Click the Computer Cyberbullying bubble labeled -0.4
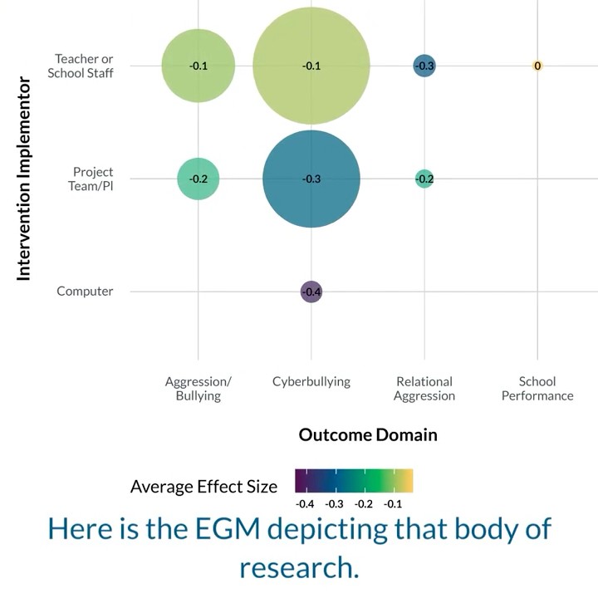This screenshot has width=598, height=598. pos(311,292)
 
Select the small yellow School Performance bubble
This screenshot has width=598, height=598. pos(537,66)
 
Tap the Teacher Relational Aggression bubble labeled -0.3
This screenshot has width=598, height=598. pos(424,66)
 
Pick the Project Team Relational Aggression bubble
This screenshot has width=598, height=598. pos(424,179)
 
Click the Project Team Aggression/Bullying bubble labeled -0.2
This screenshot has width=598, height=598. pos(198,179)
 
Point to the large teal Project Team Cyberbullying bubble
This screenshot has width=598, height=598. pos(311,179)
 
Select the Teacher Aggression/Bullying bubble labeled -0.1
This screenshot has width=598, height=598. pos(198,66)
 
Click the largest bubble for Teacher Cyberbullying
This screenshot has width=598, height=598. pos(311,66)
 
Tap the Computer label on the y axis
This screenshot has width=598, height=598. pos(85,292)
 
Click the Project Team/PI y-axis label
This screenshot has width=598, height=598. pos(92,179)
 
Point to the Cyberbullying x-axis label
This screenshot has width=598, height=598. pos(311,382)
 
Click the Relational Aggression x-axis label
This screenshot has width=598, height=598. pos(424,389)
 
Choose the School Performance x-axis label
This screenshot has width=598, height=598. pos(537,389)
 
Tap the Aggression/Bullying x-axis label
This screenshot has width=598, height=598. pos(198,389)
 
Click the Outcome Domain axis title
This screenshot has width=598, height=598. pos(368,435)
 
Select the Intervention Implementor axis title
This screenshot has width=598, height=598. pos(24,179)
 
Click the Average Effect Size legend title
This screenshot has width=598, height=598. pos(204,487)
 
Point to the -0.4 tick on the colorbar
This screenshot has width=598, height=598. pos(305,504)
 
